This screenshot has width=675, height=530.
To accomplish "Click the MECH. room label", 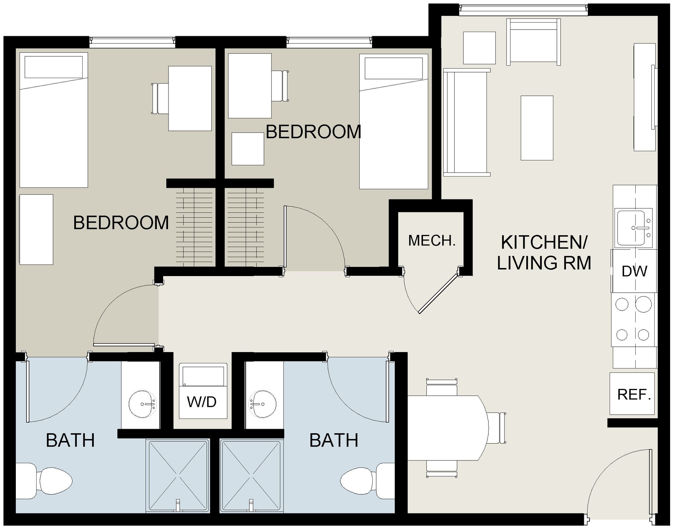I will [432, 241].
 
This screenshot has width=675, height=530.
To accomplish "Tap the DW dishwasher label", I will [634, 271].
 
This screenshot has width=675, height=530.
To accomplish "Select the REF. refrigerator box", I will [632, 394].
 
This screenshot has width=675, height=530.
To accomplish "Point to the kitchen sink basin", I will [631, 227].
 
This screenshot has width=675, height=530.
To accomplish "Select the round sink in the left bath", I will [142, 404].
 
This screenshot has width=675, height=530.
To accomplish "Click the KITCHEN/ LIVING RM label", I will [544, 253].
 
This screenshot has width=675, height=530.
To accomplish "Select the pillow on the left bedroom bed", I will [53, 67].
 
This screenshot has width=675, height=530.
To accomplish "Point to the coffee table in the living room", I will [537, 128].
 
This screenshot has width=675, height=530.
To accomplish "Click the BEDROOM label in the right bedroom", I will [313, 132].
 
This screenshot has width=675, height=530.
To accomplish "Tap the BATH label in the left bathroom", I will [70, 440].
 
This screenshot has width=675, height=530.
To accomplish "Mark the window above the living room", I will [523, 9].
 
